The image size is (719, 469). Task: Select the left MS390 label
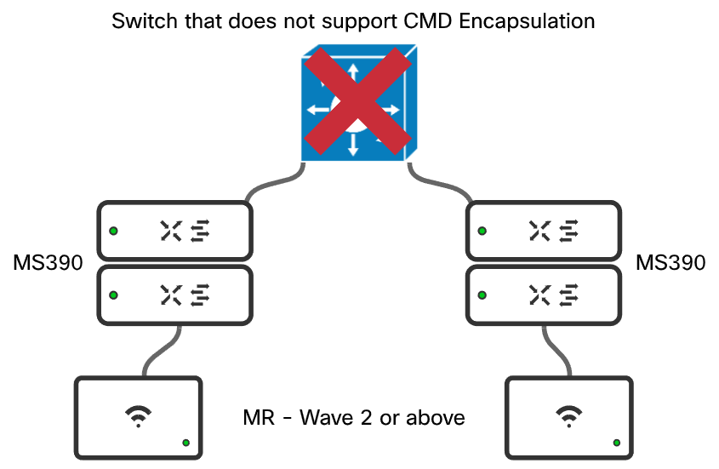pyautogui.click(x=48, y=263)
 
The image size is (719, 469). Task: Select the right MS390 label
pyautogui.click(x=670, y=263)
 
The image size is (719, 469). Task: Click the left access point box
pyautogui.click(x=139, y=416)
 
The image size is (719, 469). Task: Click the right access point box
pyautogui.click(x=568, y=416)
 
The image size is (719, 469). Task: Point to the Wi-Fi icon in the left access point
pyautogui.click(x=136, y=415)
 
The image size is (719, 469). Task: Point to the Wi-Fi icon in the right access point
pyautogui.click(x=566, y=415)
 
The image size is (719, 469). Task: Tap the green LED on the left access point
pyautogui.click(x=186, y=443)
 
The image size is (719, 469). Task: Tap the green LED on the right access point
pyautogui.click(x=616, y=443)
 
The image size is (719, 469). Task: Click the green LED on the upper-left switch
pyautogui.click(x=113, y=231)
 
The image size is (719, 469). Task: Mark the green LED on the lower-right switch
pyautogui.click(x=482, y=295)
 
